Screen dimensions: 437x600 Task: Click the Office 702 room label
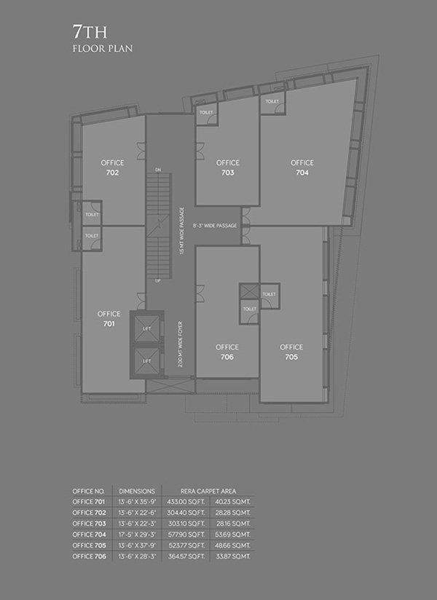112,167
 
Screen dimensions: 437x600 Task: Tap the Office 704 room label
302,167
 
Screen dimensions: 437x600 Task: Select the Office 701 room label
109,319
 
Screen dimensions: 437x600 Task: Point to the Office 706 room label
227,352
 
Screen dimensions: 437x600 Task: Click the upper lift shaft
146,328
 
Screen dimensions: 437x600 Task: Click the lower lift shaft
146,361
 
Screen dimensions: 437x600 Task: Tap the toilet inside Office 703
207,115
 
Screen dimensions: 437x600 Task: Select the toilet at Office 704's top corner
272,103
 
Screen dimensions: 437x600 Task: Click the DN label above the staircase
158,170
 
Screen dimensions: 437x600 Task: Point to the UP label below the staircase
158,281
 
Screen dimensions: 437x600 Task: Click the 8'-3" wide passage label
215,226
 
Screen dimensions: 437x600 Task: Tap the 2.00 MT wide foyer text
180,344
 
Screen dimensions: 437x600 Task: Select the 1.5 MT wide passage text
181,231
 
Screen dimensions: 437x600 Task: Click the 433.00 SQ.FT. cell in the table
186,502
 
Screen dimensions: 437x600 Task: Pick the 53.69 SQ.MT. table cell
232,534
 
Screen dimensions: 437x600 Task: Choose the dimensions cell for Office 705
137,545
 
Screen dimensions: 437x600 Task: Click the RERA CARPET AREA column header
208,491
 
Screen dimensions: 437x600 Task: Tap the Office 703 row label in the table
89,524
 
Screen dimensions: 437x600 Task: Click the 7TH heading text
90,32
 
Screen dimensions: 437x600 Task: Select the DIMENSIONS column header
137,491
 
